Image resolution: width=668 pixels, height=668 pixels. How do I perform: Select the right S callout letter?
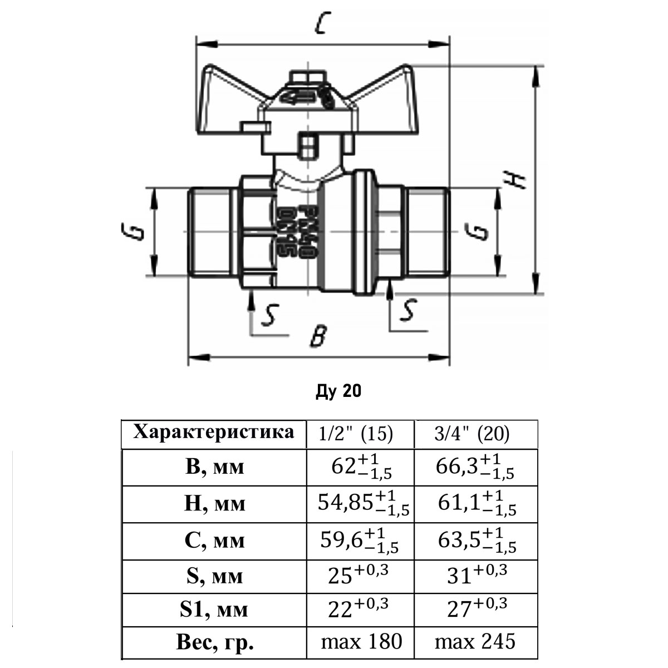pos(409,310)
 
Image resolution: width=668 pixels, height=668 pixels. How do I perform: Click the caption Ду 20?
pos(338,392)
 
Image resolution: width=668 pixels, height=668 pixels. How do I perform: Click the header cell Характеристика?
pos(214,433)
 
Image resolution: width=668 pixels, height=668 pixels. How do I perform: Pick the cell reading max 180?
pos(361,642)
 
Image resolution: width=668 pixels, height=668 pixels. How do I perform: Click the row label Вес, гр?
pos(215,643)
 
